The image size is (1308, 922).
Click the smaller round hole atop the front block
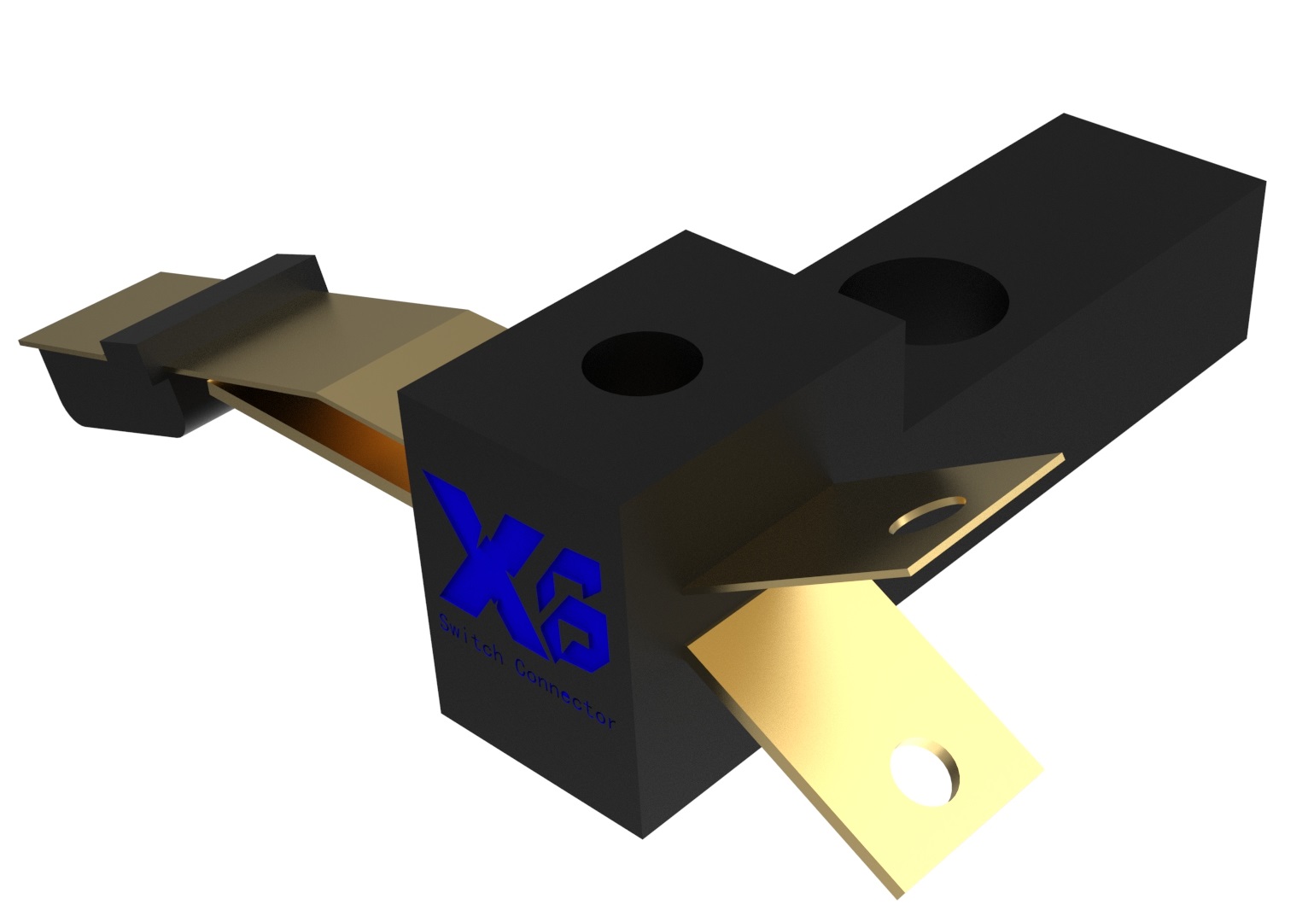coord(641,365)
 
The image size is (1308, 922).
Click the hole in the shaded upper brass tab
coord(929,514)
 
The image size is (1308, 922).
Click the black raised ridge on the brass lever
coord(213,303)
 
